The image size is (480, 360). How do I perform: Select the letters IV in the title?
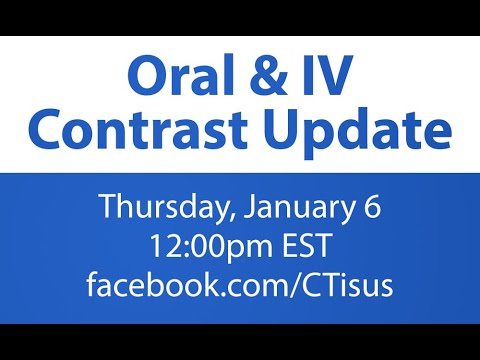tap(327, 78)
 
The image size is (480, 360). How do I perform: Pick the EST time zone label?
tap(299, 246)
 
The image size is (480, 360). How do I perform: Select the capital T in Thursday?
tap(106, 208)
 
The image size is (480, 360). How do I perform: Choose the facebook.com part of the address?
tap(180, 285)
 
